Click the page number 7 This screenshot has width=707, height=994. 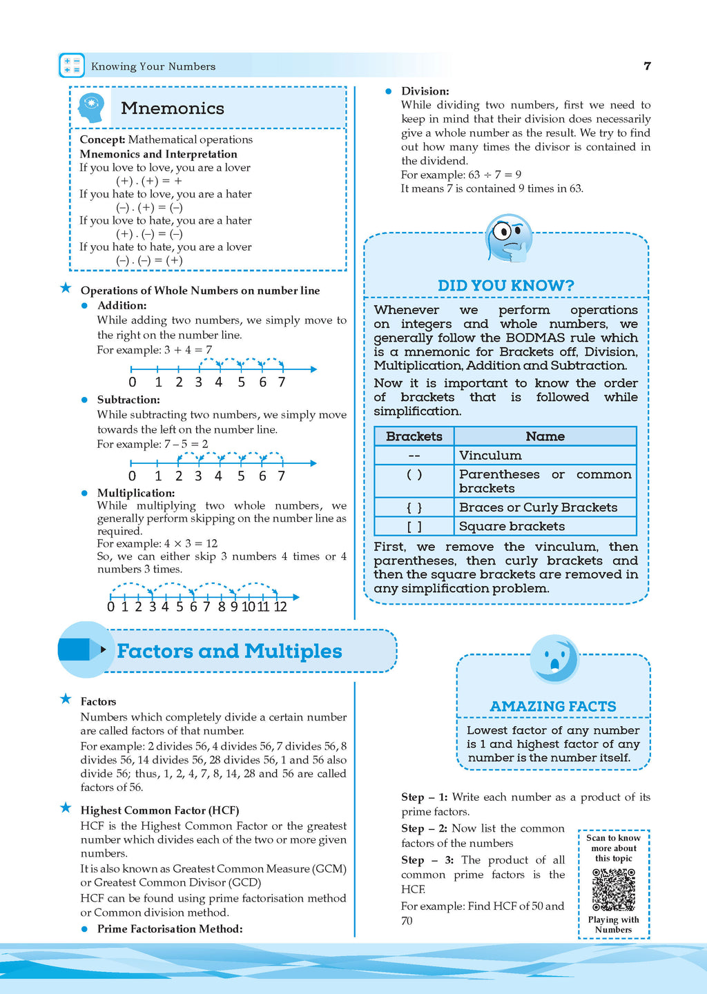pyautogui.click(x=647, y=66)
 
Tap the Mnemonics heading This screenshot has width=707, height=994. pyautogui.click(x=173, y=108)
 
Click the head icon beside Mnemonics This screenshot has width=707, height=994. pyautogui.click(x=91, y=108)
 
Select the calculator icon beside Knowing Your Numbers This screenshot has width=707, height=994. pyautogui.click(x=72, y=66)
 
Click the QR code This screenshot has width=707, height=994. pyautogui.click(x=613, y=890)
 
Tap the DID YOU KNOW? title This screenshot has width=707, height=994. pyautogui.click(x=505, y=285)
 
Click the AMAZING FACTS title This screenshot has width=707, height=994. pyautogui.click(x=553, y=706)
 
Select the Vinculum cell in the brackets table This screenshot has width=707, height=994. pyautogui.click(x=490, y=456)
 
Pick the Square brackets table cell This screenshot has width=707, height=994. pyautogui.click(x=512, y=526)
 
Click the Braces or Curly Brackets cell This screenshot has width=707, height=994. pyautogui.click(x=538, y=507)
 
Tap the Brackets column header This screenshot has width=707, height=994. pyautogui.click(x=414, y=436)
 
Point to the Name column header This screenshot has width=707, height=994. pyautogui.click(x=545, y=436)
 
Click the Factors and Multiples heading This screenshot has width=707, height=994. pyautogui.click(x=229, y=651)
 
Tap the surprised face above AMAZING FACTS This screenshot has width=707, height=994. pyautogui.click(x=554, y=659)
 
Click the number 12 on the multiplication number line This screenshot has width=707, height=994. pyautogui.click(x=280, y=607)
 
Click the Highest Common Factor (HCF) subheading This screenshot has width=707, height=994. pyautogui.click(x=159, y=810)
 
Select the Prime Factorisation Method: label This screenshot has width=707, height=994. pyautogui.click(x=170, y=929)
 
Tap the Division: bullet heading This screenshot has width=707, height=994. pyautogui.click(x=425, y=91)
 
